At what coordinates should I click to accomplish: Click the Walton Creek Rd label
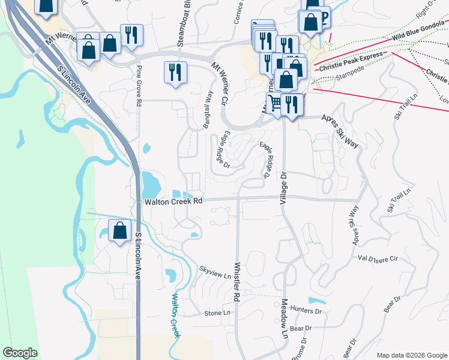click(173, 202)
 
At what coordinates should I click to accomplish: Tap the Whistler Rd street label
click(237, 281)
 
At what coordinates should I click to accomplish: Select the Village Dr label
click(284, 188)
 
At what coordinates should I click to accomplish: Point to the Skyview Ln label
click(215, 272)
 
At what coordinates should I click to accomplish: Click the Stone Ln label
click(217, 313)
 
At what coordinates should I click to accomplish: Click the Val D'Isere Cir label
click(378, 259)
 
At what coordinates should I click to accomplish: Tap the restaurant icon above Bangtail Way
click(174, 73)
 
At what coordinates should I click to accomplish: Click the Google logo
click(20, 353)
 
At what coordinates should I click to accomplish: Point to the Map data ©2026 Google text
click(411, 355)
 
